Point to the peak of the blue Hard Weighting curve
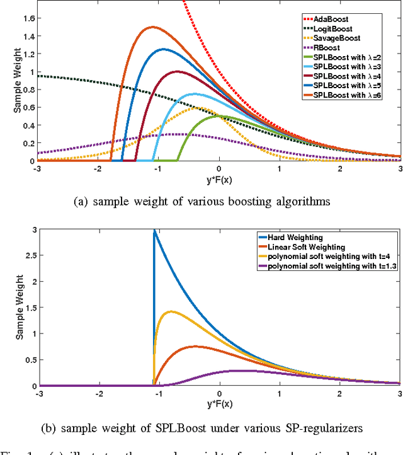[154, 231]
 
